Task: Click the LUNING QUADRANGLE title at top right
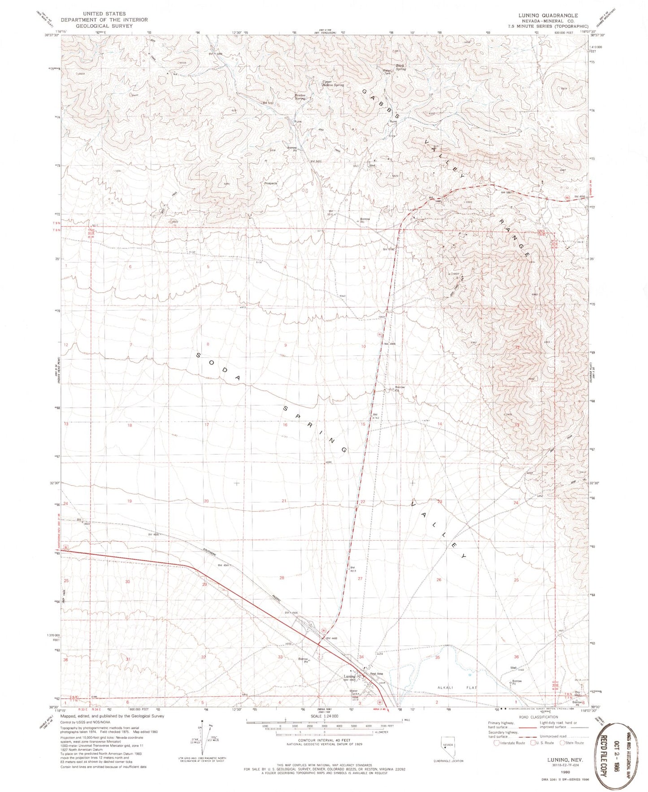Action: [548, 15]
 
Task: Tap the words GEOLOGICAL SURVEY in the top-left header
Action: [104, 26]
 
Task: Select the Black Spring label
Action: [400, 67]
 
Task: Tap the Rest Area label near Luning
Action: [376, 674]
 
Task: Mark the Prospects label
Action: [270, 183]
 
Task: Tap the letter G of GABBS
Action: [365, 91]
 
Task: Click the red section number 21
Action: [283, 501]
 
